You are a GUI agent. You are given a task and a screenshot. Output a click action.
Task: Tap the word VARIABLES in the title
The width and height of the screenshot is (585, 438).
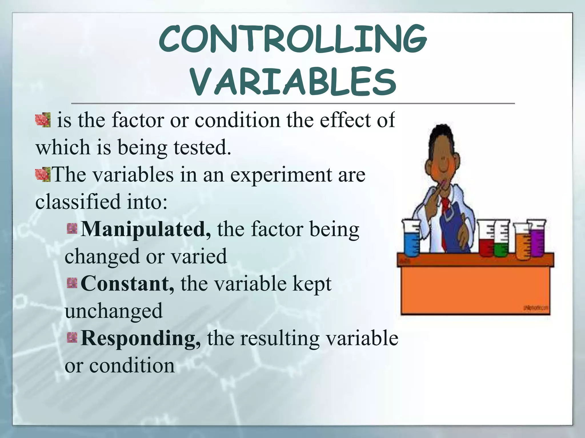click(293, 81)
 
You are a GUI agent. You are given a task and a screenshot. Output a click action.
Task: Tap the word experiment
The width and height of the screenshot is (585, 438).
click(281, 175)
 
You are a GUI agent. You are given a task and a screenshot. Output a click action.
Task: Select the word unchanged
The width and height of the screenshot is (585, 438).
click(114, 311)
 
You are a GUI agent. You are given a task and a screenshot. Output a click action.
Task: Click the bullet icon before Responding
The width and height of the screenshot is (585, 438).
click(72, 338)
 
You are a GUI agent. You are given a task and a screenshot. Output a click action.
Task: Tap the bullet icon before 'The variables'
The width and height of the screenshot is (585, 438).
click(42, 175)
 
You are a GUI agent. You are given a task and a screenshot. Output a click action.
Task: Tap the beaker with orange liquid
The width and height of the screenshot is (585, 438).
click(523, 242)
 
